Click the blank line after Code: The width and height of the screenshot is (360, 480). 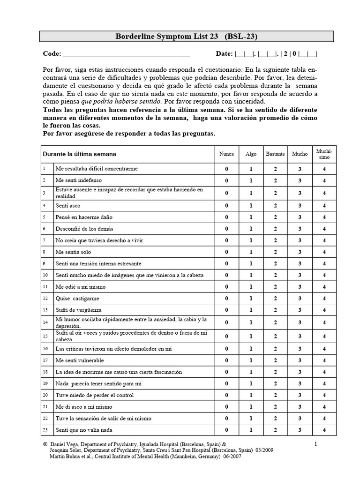127,54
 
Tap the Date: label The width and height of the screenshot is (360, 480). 224,53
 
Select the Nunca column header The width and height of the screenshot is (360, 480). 226,154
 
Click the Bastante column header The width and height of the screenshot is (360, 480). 275,154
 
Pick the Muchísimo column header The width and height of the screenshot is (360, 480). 324,154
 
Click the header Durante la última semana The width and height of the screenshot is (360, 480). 79,154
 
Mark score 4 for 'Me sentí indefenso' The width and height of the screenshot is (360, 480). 324,180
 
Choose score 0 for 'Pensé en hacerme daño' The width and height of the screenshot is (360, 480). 226,217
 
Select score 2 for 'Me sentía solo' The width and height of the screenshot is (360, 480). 275,252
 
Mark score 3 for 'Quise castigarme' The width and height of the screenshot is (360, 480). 300,299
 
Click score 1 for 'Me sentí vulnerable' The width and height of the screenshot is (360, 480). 251,360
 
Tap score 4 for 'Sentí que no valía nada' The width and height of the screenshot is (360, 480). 324,430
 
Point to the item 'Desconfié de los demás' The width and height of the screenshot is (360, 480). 84,229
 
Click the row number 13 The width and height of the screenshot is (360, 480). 45,310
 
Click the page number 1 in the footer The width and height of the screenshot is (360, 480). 316,443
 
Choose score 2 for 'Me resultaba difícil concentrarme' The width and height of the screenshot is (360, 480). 275,169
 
